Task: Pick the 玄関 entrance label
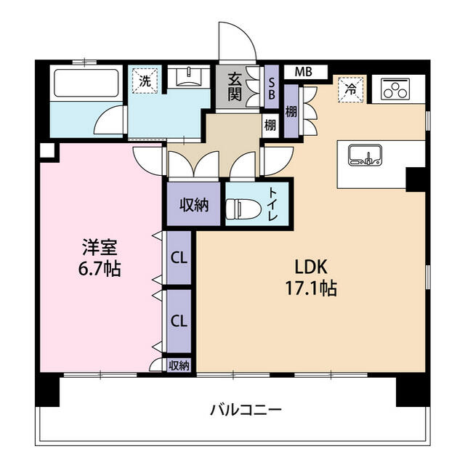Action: [x=235, y=86]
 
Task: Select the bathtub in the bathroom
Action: [x=86, y=86]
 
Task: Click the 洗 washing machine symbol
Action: [x=145, y=81]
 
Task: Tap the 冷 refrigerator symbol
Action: [x=350, y=90]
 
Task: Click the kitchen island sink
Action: [x=365, y=155]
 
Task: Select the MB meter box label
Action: [x=303, y=72]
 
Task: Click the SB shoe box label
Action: [x=272, y=88]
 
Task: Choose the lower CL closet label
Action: [x=179, y=320]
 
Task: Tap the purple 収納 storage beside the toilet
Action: [x=194, y=205]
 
